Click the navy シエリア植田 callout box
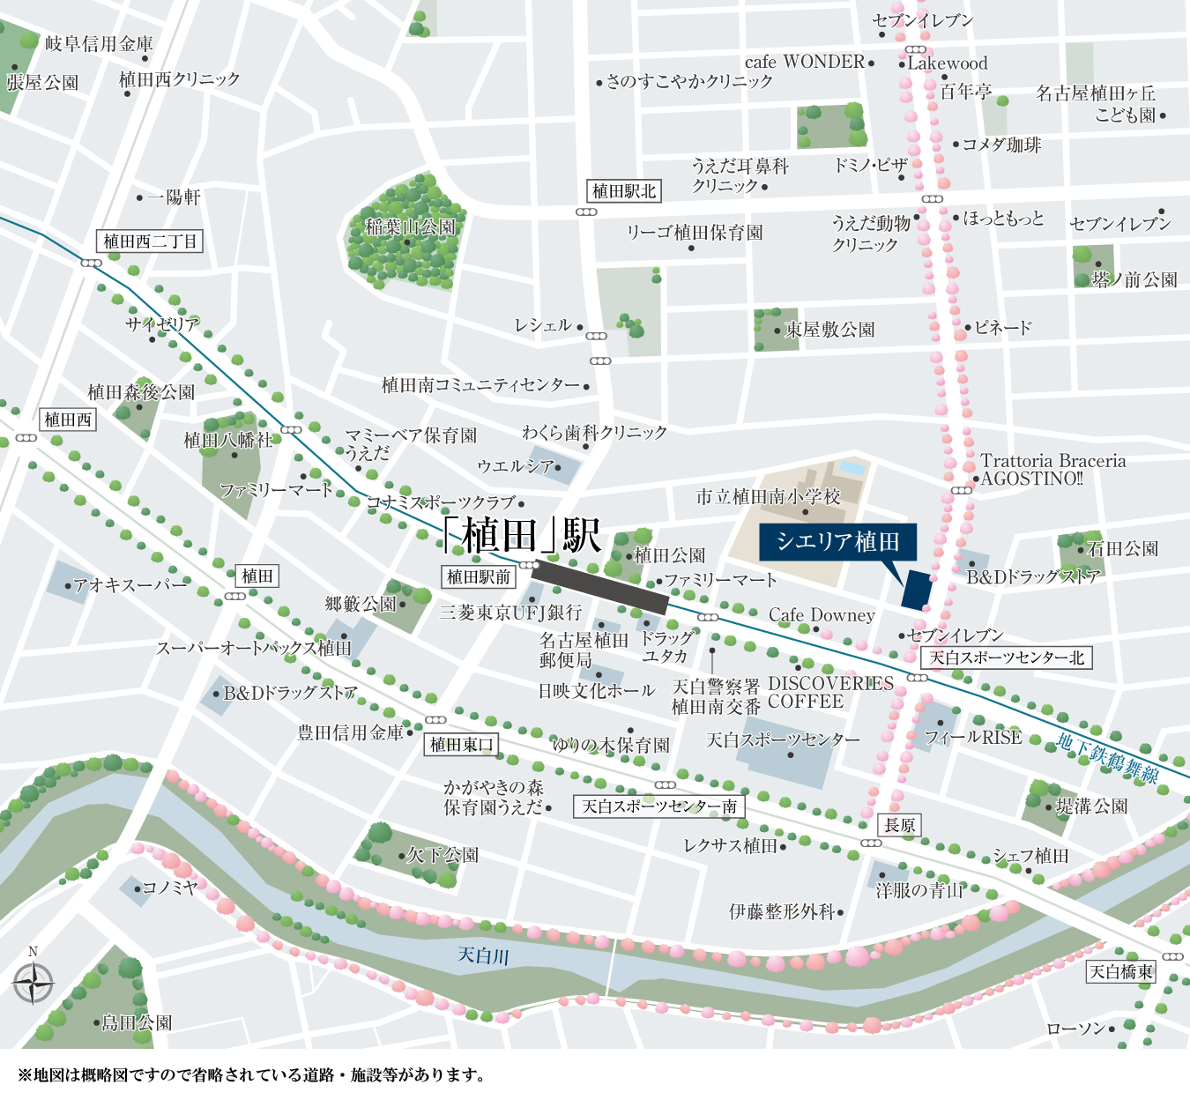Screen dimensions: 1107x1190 837,541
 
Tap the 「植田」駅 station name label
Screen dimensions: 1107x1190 522,536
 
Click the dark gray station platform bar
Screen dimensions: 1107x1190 599,587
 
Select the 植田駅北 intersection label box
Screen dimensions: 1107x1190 624,191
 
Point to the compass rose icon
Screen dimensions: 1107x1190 33,983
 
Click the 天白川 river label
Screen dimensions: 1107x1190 484,955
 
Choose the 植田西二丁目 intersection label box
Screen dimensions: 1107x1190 150,241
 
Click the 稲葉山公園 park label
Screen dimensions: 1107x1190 411,227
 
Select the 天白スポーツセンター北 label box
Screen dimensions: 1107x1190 1007,658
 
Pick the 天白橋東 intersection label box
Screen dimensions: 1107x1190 1120,972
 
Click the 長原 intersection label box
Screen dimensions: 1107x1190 900,825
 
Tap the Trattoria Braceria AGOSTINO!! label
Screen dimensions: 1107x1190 1052,470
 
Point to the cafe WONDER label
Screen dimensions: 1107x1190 805,62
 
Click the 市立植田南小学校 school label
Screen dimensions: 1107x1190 768,497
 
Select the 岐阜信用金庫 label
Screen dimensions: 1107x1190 99,44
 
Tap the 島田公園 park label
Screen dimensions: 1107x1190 137,1023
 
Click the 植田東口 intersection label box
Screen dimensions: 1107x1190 461,745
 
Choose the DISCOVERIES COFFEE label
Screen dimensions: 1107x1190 830,693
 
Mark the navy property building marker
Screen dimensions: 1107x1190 917,589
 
